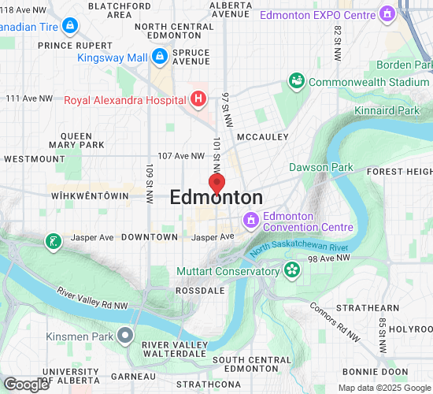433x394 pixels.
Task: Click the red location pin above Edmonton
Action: pos(216,181)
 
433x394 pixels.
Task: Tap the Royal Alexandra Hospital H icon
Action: pos(198,98)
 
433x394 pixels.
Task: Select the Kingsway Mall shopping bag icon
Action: pos(160,57)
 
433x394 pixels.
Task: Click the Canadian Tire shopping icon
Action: pos(70,26)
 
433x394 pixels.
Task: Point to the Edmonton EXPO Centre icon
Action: pos(387,14)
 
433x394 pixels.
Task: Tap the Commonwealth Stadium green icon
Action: pos(297,81)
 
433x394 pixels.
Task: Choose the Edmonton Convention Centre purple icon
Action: pos(251,219)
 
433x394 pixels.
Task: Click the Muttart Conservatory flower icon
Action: pos(292,271)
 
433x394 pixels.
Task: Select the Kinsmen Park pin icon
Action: pos(125,336)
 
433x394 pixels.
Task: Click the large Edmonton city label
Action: pos(216,198)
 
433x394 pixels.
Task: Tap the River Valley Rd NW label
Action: pos(93,299)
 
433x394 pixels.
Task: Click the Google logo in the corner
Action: pos(26,384)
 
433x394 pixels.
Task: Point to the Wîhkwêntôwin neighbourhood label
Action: pos(88,195)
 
